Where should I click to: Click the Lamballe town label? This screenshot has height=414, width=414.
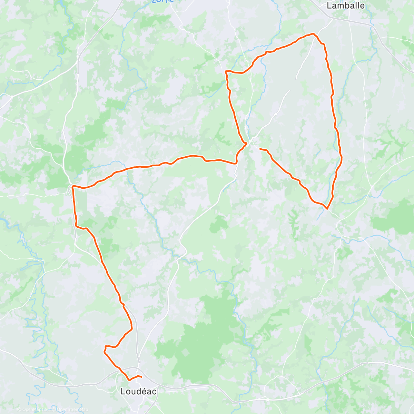coord(345,6)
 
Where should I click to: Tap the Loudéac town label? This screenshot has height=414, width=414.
coord(138,392)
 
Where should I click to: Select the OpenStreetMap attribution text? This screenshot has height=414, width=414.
coord(72,410)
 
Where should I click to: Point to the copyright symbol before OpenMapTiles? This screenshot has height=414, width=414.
coord(19,410)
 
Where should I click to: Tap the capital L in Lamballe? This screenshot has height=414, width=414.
coord(329,6)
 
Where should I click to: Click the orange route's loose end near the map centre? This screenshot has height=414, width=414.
coord(260,149)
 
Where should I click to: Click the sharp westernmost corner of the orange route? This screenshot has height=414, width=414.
coord(72,186)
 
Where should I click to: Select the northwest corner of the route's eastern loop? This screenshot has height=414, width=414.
coord(226,71)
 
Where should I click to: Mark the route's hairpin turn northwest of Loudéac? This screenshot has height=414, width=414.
coord(104,351)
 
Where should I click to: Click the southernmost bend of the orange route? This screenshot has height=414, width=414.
coord(129,380)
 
